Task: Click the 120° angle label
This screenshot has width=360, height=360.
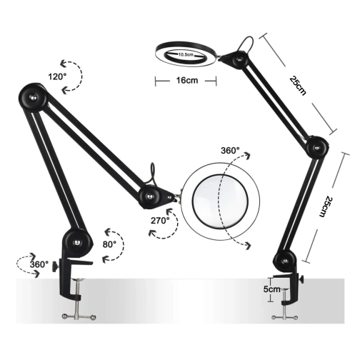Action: point(57,76)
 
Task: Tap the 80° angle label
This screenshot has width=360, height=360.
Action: point(109,244)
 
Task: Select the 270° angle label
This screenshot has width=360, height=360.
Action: point(160,221)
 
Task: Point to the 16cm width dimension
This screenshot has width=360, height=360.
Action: point(187,80)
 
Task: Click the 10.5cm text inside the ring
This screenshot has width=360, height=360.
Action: point(186,54)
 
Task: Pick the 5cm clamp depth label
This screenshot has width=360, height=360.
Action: point(271,289)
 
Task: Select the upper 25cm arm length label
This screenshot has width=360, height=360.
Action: point(298,86)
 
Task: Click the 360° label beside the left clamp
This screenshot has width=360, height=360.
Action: point(39,264)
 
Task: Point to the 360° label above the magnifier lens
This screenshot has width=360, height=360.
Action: point(230,151)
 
